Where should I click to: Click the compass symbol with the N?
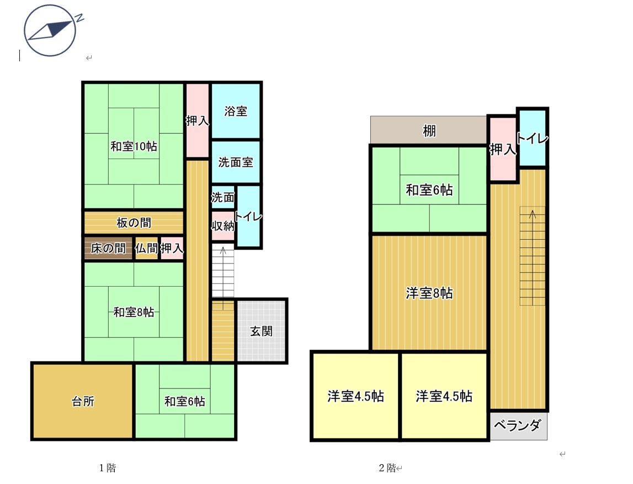(50, 30)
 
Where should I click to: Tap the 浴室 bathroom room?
(236, 111)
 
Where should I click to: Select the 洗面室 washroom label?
(236, 162)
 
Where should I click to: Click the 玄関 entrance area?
(262, 331)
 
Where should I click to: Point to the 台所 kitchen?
(83, 401)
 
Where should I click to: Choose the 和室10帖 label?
(134, 146)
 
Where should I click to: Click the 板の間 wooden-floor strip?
(134, 222)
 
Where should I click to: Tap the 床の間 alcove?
(108, 248)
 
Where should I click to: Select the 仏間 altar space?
(146, 248)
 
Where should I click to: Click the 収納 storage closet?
(223, 226)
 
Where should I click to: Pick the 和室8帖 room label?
(134, 312)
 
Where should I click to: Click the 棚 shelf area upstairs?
(429, 130)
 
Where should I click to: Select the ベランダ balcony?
(518, 425)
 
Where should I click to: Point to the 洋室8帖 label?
(429, 293)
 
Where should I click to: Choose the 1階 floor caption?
(108, 468)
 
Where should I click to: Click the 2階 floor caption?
(387, 468)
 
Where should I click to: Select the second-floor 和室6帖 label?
(429, 190)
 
